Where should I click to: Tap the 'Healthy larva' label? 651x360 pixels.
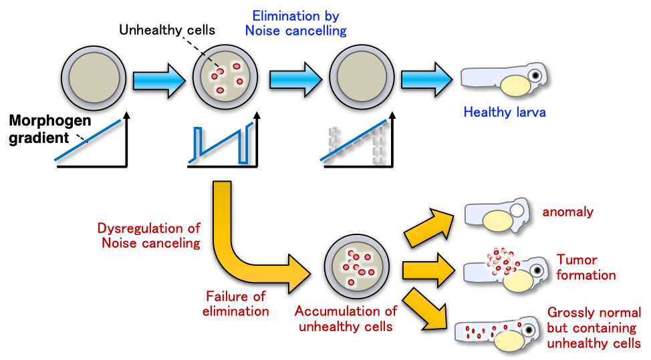504,112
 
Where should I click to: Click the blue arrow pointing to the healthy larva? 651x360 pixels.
426,80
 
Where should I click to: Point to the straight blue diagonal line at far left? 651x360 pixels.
88,140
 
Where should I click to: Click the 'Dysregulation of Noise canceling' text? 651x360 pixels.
149,236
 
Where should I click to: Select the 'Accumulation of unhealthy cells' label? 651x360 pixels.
346,318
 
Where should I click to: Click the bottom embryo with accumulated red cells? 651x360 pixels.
358,265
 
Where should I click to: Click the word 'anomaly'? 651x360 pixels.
567,212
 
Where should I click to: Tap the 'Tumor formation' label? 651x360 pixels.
585,267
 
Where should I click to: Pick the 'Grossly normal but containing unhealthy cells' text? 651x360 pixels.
594,328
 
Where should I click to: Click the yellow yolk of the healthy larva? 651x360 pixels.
515,85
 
